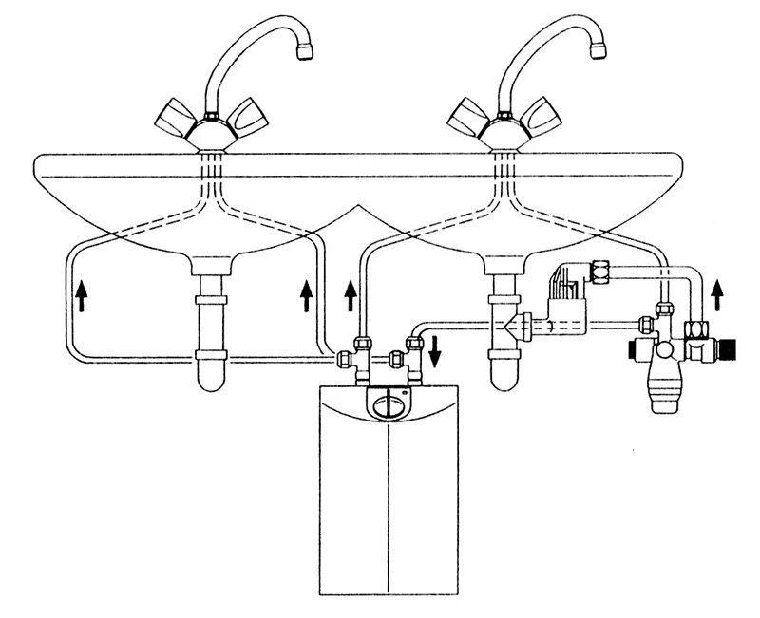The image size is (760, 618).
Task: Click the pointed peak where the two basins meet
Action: pos(356,206)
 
